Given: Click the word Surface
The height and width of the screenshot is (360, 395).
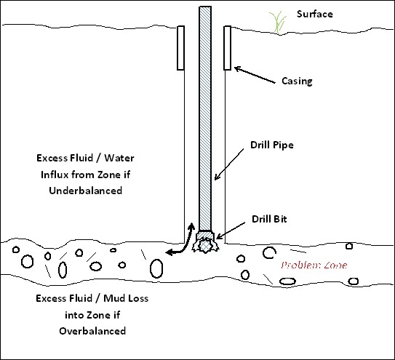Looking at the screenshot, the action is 315,14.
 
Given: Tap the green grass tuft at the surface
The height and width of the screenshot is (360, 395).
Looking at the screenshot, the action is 278,22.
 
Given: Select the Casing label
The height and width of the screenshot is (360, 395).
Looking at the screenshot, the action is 297,81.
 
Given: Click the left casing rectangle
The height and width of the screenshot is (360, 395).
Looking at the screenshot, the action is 180,48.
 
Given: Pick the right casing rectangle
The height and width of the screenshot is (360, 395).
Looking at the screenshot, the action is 227,48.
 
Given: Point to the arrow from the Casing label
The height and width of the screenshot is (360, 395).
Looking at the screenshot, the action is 255,75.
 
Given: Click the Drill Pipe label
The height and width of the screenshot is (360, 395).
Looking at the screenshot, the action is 272,145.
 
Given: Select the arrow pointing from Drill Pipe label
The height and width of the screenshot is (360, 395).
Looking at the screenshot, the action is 228,164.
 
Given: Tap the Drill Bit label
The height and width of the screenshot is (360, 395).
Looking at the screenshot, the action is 269,219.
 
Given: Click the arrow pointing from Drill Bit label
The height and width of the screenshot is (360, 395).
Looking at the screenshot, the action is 231,231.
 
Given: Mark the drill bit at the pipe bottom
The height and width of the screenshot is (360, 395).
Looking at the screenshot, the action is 205,242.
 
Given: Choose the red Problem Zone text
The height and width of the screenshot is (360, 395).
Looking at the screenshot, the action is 314,265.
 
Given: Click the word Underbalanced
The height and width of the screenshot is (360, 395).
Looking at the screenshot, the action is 86,191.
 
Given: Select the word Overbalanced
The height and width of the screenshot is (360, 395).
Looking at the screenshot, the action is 92,331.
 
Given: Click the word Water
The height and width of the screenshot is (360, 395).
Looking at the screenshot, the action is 119,158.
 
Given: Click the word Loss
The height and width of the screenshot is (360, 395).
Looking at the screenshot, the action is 137,298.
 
